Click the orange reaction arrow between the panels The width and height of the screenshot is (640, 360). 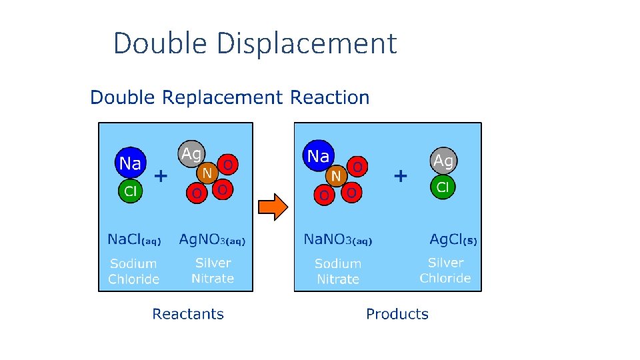point(272,207)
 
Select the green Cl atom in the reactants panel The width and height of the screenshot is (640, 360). point(131,191)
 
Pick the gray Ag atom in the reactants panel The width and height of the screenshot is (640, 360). point(191,155)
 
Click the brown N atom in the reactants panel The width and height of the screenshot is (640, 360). point(207,173)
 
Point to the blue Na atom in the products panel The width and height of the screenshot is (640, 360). point(318,157)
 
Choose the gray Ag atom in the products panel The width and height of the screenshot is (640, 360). point(443,161)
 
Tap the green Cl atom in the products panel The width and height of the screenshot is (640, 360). point(443,187)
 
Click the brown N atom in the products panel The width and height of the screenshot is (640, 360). point(336,176)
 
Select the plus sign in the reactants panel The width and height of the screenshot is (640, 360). point(161,177)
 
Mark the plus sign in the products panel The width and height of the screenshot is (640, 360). point(400,177)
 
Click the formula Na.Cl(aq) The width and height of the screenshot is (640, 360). point(134,239)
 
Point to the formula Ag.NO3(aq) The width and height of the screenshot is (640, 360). point(212,239)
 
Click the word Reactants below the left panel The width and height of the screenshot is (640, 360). point(188,314)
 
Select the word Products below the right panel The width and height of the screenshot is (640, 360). point(397,314)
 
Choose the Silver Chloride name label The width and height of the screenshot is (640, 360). point(445,271)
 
